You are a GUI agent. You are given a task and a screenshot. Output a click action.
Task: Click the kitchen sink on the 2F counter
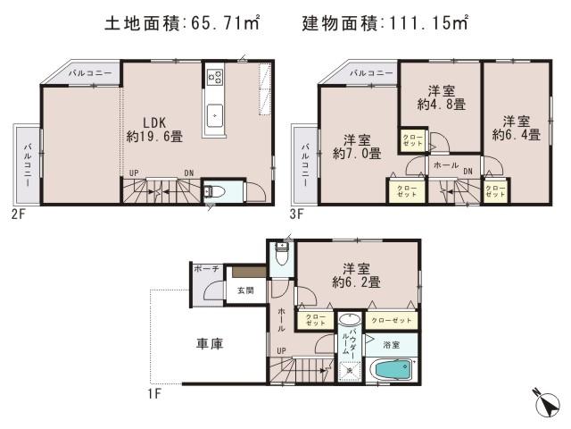[215, 114]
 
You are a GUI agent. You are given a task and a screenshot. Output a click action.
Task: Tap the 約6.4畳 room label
[516, 128]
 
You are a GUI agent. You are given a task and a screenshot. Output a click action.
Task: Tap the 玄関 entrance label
[245, 290]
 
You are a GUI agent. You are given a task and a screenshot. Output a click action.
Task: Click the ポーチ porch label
[206, 268]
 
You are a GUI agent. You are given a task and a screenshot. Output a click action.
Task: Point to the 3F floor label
[297, 214]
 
